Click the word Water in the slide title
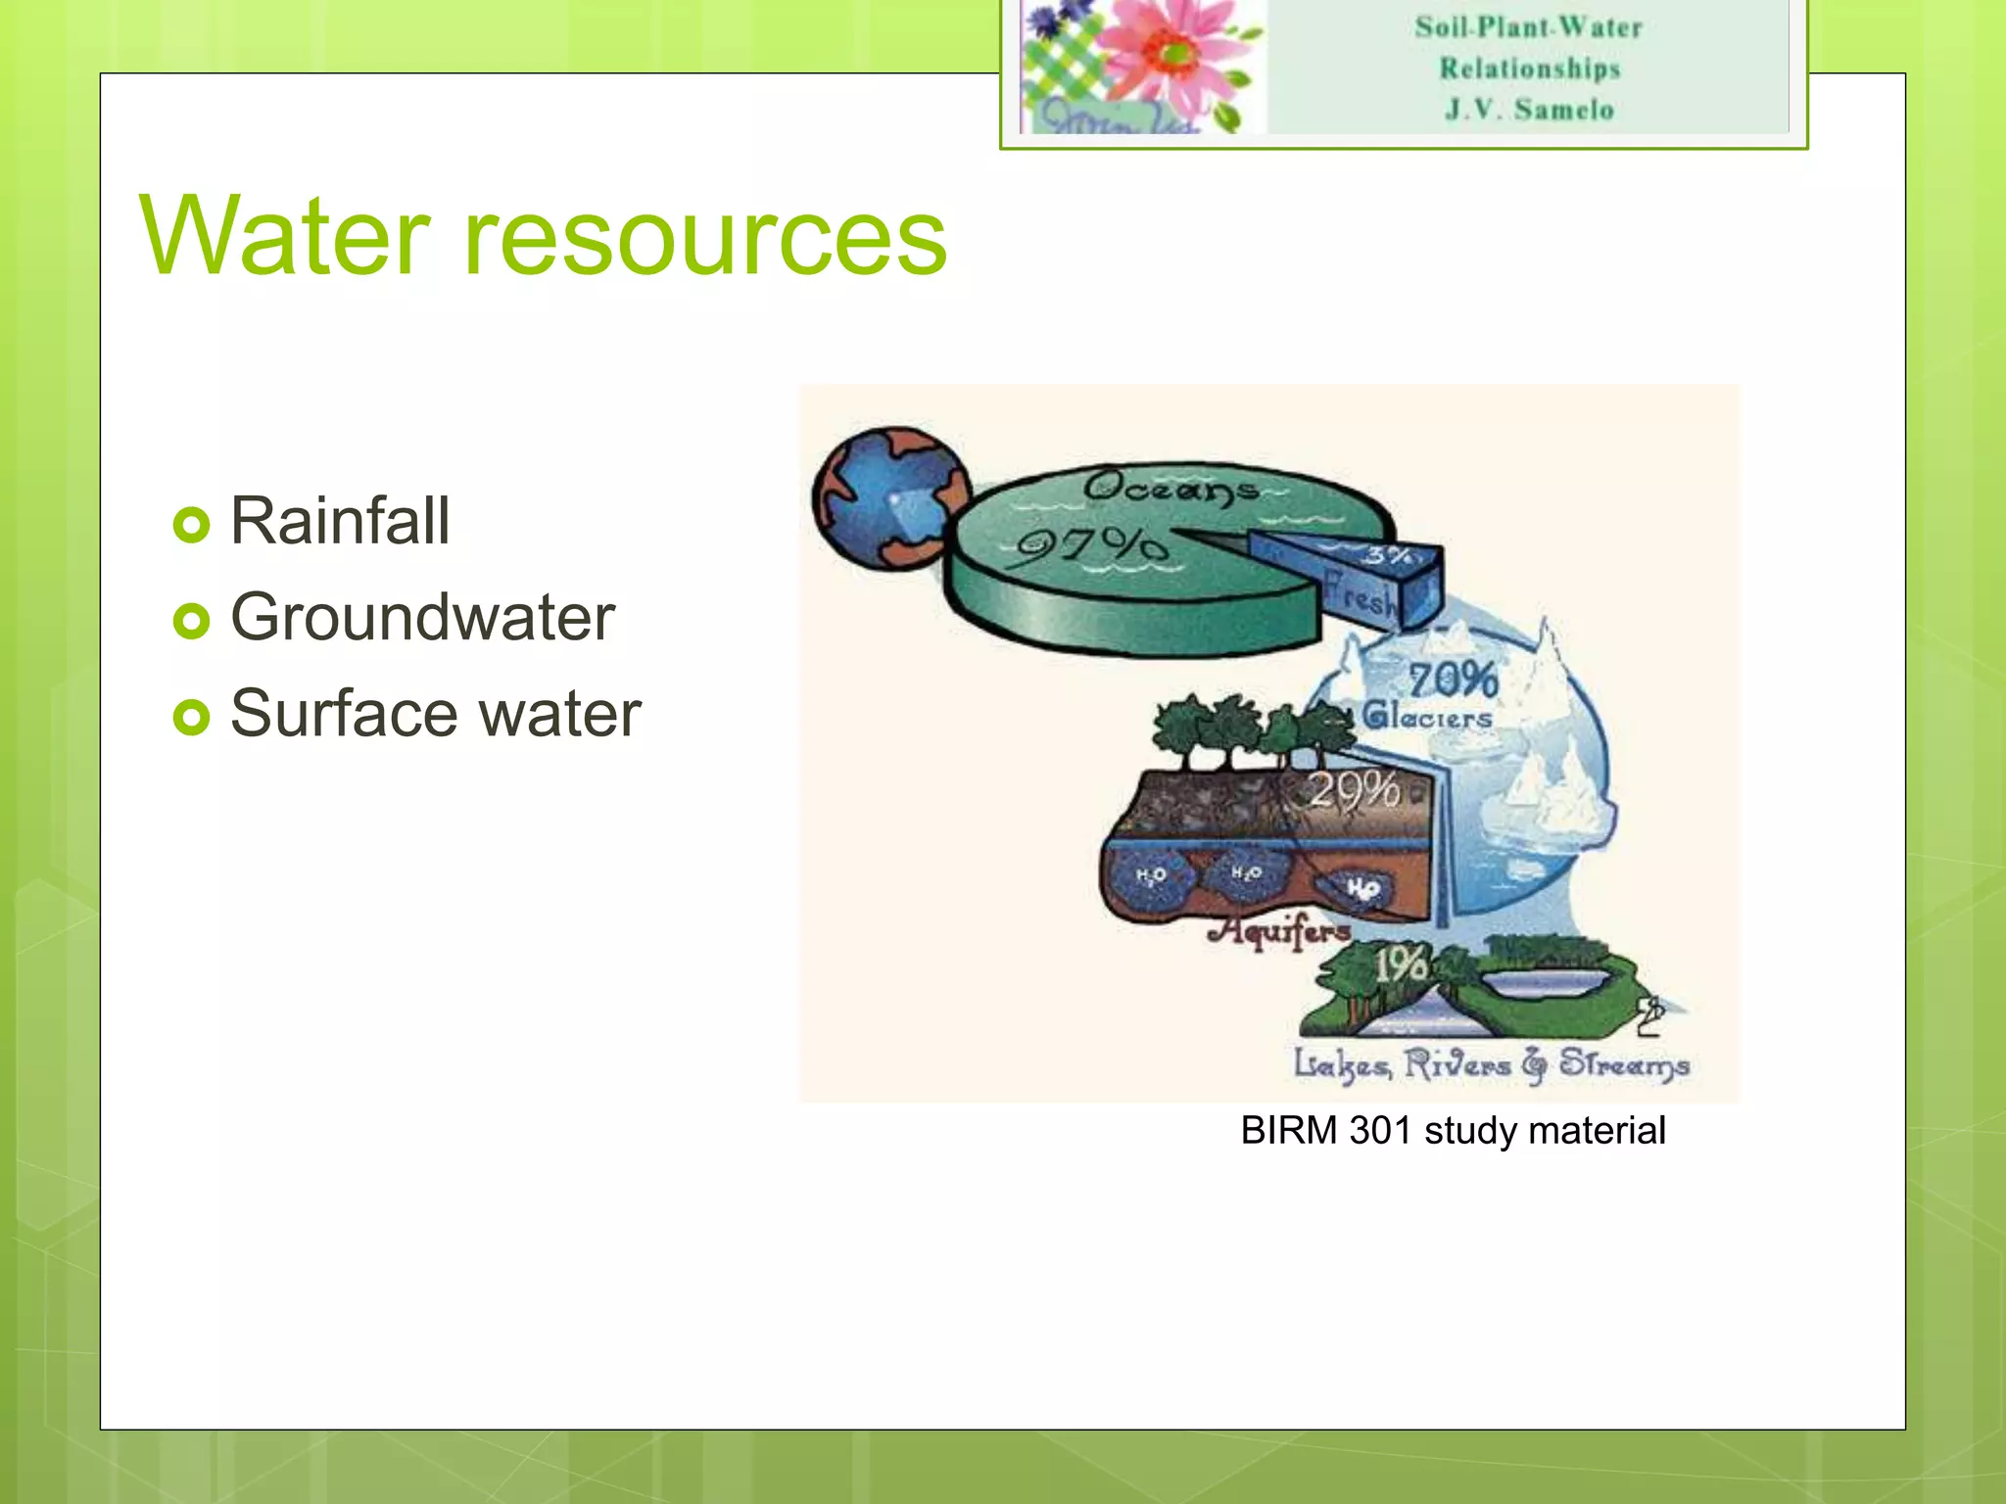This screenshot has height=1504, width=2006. [284, 237]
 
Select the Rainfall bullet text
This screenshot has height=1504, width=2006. [340, 521]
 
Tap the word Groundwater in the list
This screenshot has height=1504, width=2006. [422, 618]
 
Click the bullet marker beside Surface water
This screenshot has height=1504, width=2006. [191, 717]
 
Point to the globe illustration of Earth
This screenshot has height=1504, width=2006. [888, 497]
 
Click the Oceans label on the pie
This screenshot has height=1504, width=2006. [1170, 487]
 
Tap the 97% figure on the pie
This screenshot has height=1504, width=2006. [1091, 546]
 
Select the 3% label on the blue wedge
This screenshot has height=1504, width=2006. [1389, 556]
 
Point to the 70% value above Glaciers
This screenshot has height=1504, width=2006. [1453, 680]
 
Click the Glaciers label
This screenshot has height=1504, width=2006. [1428, 717]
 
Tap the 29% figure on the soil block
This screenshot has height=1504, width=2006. [1355, 789]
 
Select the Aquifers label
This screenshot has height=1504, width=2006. [1279, 929]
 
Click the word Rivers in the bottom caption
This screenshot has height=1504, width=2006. [1457, 1064]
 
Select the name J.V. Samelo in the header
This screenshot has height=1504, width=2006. [1529, 110]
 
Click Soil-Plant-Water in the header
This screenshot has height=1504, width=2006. [1528, 27]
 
